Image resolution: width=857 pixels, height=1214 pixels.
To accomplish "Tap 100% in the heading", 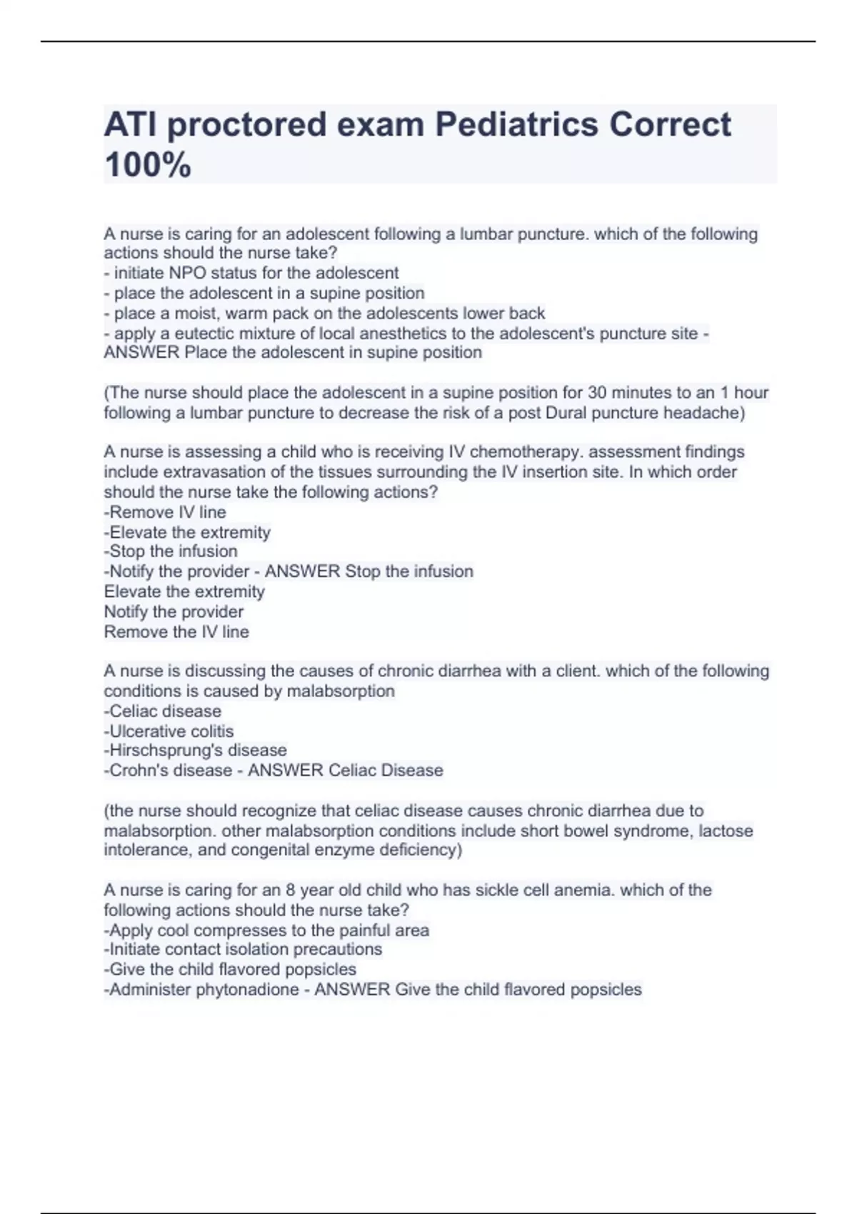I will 148,165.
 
